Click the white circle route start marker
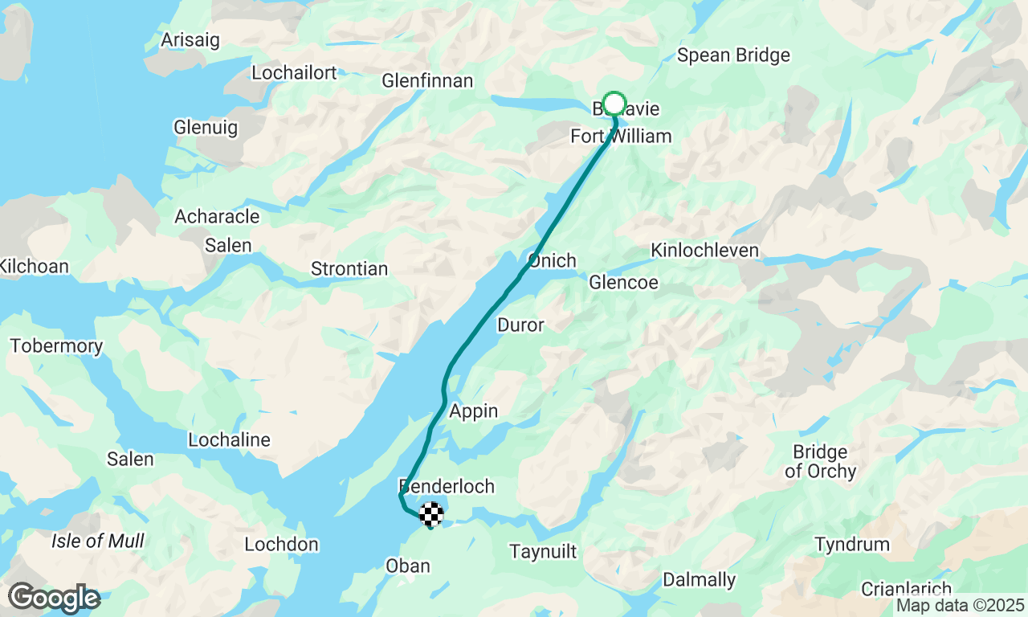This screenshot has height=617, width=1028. [614, 104]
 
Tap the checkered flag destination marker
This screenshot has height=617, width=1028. [431, 513]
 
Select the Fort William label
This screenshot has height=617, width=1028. [621, 137]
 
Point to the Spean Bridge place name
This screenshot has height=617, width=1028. [733, 55]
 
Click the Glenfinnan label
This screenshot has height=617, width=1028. [427, 81]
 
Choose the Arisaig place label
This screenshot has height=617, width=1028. [190, 40]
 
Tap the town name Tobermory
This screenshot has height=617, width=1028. [56, 346]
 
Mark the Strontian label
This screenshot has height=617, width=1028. [349, 269]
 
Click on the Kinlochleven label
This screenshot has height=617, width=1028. [704, 251]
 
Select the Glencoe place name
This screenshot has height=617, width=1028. [623, 283]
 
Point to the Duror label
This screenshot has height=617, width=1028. [520, 325]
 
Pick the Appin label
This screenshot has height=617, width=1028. [474, 411]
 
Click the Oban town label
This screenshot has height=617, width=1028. [408, 566]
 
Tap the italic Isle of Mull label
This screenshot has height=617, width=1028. [98, 541]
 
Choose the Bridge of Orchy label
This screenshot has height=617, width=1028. [820, 461]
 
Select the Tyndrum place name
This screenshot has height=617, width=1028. [852, 545]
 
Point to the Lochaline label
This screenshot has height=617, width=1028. [229, 440]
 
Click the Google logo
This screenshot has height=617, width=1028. [54, 598]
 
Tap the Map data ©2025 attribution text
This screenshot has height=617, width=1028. [960, 606]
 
